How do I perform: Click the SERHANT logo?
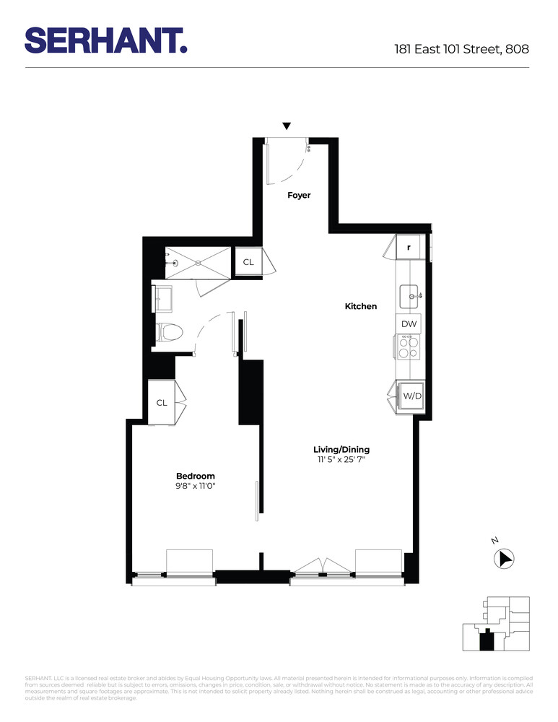click(106, 40)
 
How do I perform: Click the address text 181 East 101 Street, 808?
click(461, 50)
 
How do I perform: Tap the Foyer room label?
click(299, 195)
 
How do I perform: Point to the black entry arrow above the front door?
click(287, 126)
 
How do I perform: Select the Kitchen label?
click(360, 306)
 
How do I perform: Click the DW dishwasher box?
click(409, 325)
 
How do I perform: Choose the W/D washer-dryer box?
click(411, 396)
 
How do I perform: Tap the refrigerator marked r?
click(409, 248)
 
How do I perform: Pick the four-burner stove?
click(409, 347)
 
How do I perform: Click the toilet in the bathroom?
click(170, 332)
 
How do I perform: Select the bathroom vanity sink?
click(162, 297)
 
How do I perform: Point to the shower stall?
click(198, 262)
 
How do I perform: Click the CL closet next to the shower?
click(248, 262)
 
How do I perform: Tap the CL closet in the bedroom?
click(162, 402)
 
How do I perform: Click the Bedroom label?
click(196, 476)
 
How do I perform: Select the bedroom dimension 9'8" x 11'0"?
click(196, 486)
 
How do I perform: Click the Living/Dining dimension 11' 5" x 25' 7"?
click(341, 459)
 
